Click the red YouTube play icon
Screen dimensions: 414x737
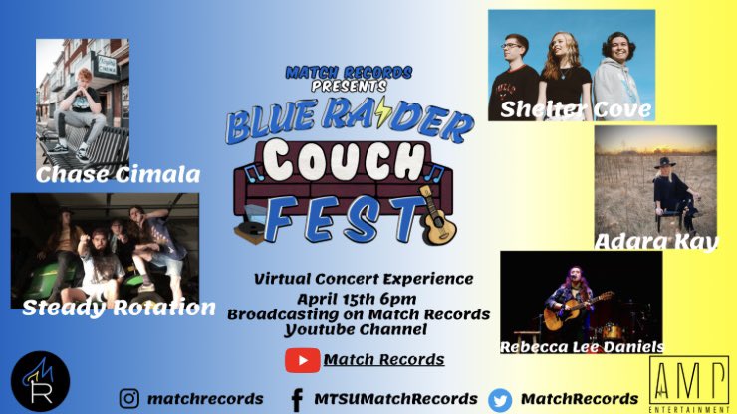click(x=301, y=359)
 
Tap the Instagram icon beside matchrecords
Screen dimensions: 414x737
click(x=128, y=398)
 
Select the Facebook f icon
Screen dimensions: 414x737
click(x=296, y=398)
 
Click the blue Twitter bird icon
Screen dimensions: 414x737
click(x=499, y=398)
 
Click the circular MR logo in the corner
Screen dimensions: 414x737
click(x=40, y=382)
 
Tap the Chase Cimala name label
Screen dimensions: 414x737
click(x=118, y=176)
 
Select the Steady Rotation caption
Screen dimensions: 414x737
click(x=119, y=308)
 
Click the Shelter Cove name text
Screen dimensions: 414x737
click(x=576, y=108)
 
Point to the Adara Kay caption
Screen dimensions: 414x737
click(x=655, y=241)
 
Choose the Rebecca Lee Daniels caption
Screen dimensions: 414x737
click(x=583, y=346)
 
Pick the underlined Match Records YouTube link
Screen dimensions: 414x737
click(x=383, y=359)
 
